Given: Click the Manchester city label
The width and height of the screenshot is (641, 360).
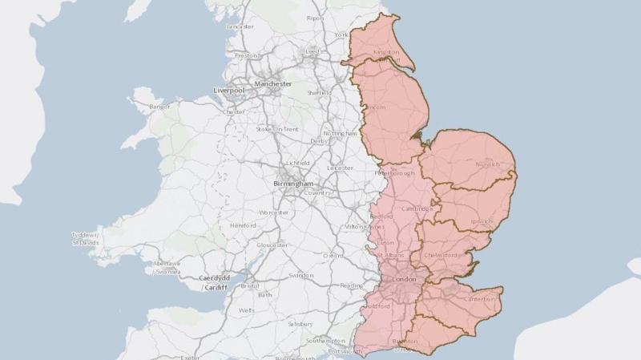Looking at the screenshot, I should [x=272, y=83].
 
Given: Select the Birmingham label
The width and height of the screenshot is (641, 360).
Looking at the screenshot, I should [x=293, y=184].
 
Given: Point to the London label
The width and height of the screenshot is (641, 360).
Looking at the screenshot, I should [x=404, y=280].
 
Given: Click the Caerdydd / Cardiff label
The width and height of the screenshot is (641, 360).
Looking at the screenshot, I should [x=215, y=282].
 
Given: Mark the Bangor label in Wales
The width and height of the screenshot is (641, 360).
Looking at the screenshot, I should [x=160, y=106].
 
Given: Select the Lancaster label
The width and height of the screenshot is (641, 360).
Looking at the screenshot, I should [x=240, y=26].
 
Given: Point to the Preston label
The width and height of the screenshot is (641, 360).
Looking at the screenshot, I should [x=247, y=55].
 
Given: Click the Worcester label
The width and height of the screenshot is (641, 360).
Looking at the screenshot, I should [x=273, y=212].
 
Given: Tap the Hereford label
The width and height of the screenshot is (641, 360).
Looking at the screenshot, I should [x=242, y=226].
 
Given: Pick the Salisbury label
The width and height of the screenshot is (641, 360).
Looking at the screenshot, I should [x=301, y=324].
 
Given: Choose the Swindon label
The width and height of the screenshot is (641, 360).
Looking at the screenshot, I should [x=301, y=275].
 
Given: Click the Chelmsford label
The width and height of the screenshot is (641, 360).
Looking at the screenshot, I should [x=444, y=256].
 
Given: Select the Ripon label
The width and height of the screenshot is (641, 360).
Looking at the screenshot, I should [x=315, y=18].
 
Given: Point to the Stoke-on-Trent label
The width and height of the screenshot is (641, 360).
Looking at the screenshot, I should [x=276, y=128].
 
